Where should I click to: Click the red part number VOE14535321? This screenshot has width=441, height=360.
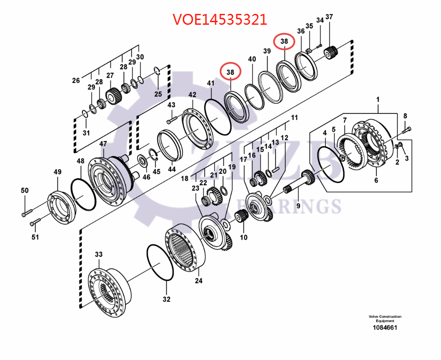tap(220, 20)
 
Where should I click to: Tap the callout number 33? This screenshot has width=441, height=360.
tap(99, 254)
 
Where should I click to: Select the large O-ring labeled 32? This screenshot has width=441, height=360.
tap(159, 263)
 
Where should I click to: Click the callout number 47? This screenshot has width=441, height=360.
tap(103, 144)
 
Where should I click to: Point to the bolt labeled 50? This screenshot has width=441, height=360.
tap(27, 213)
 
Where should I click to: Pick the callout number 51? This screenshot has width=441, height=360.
tap(35, 237)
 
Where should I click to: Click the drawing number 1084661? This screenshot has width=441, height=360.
tap(385, 328)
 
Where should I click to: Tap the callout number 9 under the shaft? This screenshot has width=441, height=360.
tap(298, 206)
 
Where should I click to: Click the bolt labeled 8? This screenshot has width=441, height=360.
tap(406, 129)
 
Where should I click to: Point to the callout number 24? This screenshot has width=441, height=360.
tap(199, 281)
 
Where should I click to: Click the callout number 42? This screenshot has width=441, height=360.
tap(192, 95)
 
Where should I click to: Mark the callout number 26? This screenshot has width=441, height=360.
tap(76, 80)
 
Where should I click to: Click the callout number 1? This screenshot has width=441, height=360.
tap(378, 99)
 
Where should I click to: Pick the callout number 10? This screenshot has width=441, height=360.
tap(244, 237)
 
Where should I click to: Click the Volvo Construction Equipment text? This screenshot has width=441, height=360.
tap(385, 319)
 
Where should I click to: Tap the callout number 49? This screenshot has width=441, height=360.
tap(57, 172)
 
